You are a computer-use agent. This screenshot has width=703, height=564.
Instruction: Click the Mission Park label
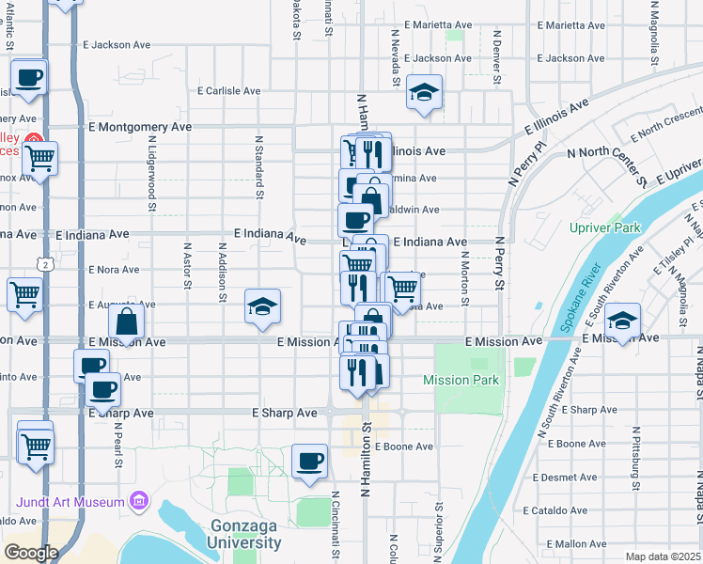pos(461,380)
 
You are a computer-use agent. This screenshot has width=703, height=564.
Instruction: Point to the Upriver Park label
pos(604,227)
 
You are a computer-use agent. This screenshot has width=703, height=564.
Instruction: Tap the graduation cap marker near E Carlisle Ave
pos(425,94)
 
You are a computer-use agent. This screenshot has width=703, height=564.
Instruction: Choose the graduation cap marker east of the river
pos(622,322)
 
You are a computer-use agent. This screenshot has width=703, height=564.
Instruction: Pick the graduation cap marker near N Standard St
pos(263,307)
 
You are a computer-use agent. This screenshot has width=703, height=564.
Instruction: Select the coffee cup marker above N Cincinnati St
pos(309,462)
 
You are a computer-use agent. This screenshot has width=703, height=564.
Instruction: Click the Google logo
pos(31,552)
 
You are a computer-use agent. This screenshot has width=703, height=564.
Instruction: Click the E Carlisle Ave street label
pos(228,91)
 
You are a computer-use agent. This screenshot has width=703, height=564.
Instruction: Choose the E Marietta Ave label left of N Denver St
pos(437,25)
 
